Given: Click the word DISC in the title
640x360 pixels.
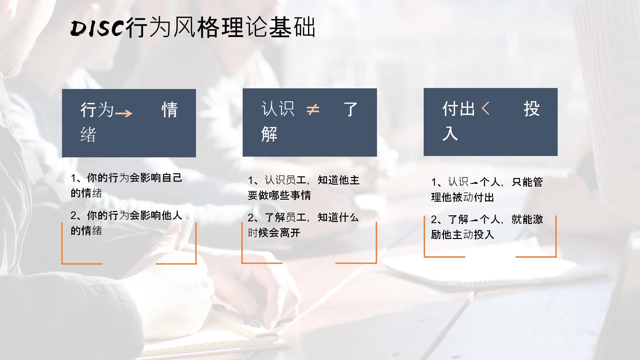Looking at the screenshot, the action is coord(98,28).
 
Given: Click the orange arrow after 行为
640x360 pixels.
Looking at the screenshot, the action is coord(124,114).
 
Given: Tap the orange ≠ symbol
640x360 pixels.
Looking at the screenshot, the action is coord(313,109).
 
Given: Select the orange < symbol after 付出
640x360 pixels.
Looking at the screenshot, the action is coord(486,108).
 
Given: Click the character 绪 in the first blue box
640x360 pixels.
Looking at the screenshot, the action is coord(88,135).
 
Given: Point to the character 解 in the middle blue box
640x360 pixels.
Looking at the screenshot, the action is coord(269,134).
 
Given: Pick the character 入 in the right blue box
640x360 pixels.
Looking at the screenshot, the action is coord(450,133).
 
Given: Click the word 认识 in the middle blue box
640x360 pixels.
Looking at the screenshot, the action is coord(278,109).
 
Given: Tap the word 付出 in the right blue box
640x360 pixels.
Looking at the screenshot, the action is coord(459,109).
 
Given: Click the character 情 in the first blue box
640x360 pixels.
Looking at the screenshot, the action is coord(170,110).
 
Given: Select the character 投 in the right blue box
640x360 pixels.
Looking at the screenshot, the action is coord(532,109).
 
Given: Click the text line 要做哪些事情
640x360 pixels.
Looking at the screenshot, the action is coord(279,195).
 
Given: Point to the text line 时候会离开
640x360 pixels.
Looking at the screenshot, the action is coord(274,233).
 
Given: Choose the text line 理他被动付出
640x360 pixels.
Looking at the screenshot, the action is coord(462,197).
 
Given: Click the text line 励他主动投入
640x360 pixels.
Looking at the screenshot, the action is coord(462,235).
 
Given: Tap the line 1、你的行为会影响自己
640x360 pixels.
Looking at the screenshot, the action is coord(126,178).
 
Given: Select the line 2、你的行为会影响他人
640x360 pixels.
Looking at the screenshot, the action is coord(126,216).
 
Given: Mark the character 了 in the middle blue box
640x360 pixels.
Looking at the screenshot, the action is coord(351,109).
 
